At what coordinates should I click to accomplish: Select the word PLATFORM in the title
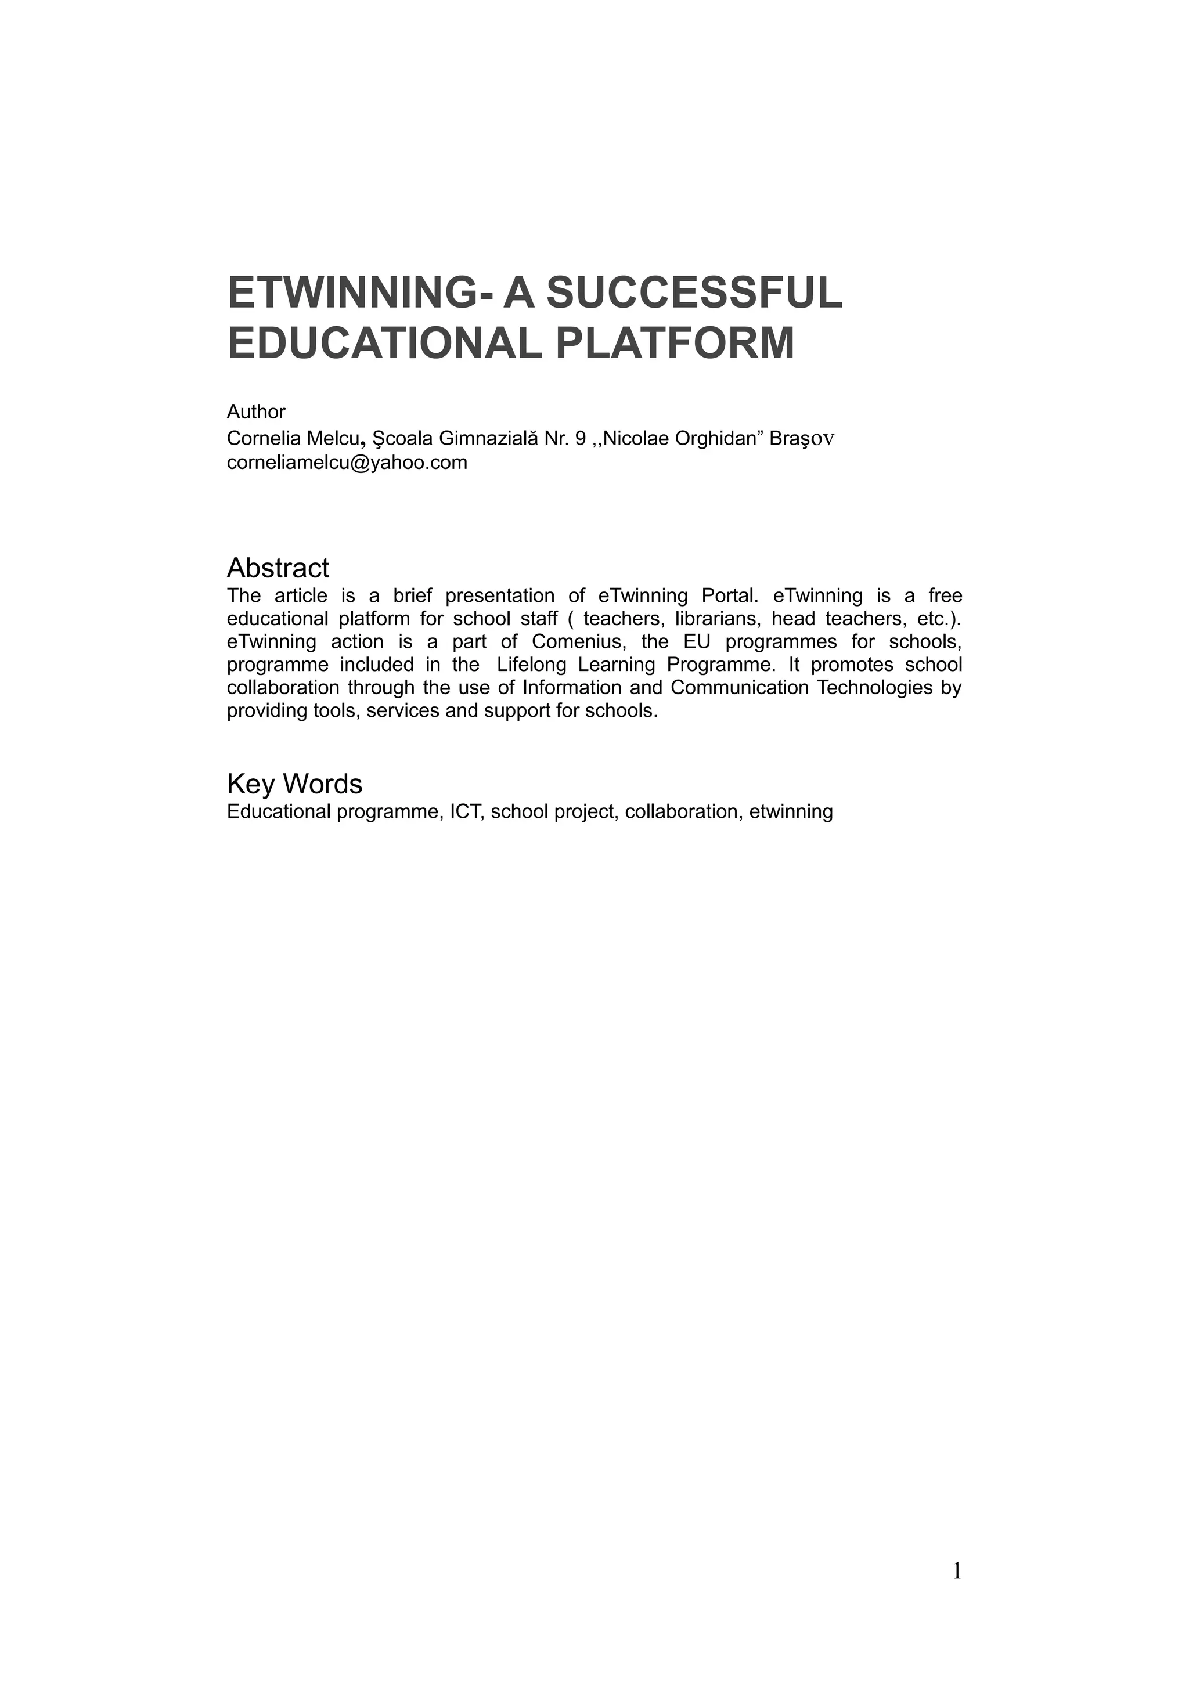[x=675, y=343]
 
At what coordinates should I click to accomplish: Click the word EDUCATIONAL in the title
[x=384, y=343]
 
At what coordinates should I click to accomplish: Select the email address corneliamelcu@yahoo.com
[x=347, y=462]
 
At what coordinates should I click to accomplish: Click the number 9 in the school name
[x=581, y=438]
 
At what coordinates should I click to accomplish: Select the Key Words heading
[x=294, y=784]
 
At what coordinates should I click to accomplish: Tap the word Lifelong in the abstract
[x=531, y=665]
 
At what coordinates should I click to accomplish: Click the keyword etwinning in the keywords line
[x=791, y=812]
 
